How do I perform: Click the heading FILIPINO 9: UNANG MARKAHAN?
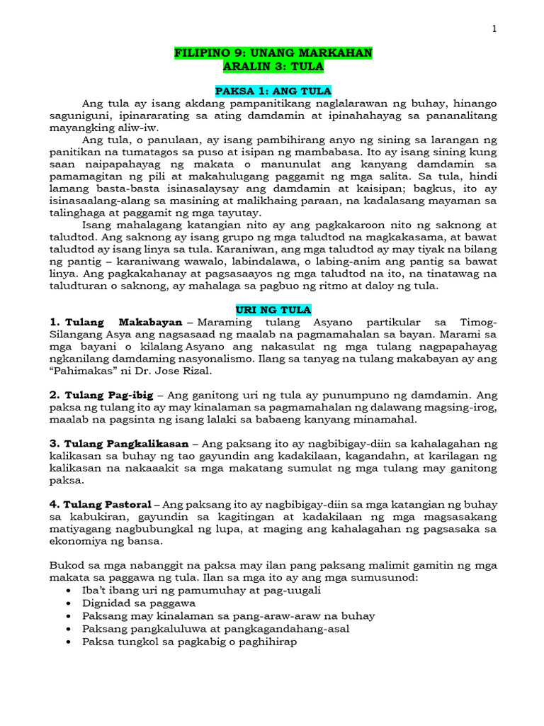point(273,54)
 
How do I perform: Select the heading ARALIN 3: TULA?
point(273,67)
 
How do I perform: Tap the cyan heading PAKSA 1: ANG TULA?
point(273,90)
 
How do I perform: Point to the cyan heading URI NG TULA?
point(273,311)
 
